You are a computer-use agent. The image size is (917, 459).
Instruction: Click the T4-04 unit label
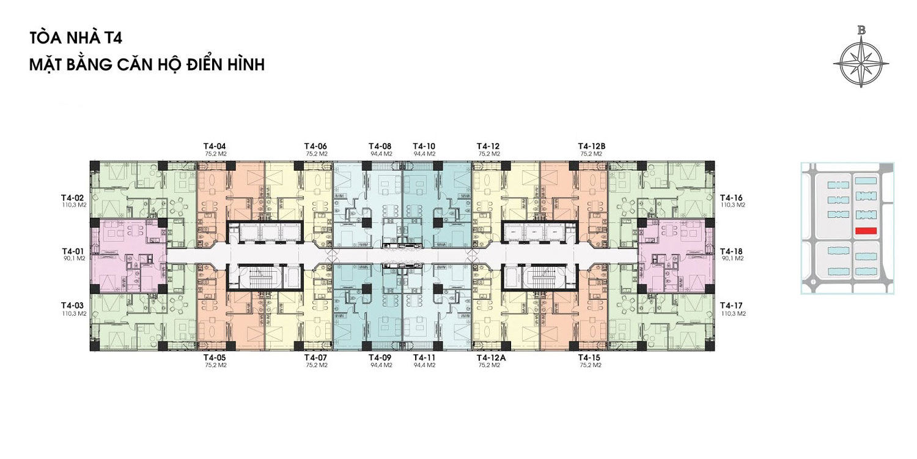215,146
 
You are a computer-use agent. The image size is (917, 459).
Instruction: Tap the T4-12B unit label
592,146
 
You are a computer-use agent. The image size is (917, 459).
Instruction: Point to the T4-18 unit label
731,251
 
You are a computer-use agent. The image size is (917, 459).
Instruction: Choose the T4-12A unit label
492,358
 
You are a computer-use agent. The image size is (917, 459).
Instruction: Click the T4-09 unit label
380,358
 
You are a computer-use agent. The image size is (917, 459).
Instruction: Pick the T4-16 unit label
731,198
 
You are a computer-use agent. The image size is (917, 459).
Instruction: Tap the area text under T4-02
74,205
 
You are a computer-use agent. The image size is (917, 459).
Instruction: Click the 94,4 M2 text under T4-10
424,154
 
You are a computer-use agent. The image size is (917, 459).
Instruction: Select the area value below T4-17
733,313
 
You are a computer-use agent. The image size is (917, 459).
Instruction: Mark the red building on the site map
866,231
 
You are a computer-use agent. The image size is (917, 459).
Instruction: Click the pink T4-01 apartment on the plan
127,256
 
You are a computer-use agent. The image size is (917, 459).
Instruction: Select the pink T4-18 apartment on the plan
676,256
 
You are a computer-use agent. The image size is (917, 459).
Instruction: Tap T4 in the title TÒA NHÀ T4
112,39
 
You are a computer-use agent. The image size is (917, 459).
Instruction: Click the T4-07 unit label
315,358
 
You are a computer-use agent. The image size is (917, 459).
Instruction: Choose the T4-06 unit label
315,146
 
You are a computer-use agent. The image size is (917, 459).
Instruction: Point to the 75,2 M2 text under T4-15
591,365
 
